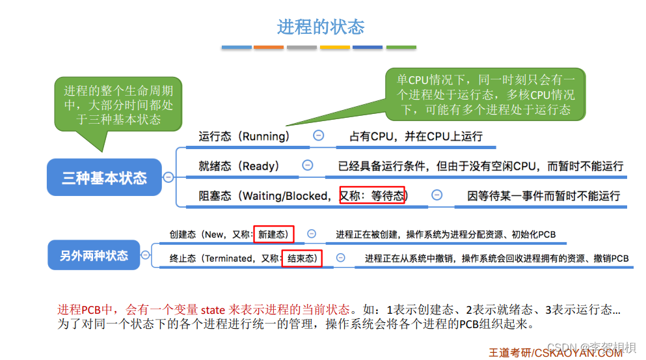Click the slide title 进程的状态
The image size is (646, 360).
coord(321,27)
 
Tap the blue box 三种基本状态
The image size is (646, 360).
coord(104,177)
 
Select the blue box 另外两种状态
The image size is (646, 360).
coord(94,255)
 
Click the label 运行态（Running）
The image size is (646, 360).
coord(244,136)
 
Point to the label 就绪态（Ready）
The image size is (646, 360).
coord(239,166)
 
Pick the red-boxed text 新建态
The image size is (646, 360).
coord(273,234)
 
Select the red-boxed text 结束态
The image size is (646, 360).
coord(302,258)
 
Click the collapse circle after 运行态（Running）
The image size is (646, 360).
coord(319,135)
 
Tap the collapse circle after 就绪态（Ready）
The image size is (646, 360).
coord(308,165)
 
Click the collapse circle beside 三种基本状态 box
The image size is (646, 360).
coord(168,177)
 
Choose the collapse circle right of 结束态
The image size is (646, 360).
coord(341,258)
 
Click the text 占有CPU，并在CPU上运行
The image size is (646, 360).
coord(416,137)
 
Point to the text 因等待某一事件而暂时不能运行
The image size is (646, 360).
coord(543,195)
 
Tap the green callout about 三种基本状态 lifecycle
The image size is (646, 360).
coord(118,104)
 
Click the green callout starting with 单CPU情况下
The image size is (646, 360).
coord(485,94)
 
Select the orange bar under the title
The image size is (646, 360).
coord(269,48)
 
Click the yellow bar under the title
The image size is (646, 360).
coord(335,48)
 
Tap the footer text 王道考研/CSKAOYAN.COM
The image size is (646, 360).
coord(556,353)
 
